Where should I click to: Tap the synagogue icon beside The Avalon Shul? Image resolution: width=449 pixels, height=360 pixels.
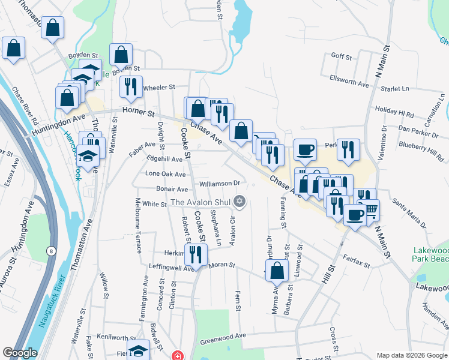pyautogui.click(x=240, y=202)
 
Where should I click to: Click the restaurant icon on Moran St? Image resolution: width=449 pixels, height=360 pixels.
pyautogui.click(x=196, y=255)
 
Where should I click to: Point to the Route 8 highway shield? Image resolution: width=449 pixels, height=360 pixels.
pyautogui.click(x=52, y=250)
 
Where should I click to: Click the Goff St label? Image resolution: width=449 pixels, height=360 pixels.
pyautogui.click(x=342, y=56)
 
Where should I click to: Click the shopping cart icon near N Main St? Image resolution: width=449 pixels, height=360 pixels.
pyautogui.click(x=369, y=210)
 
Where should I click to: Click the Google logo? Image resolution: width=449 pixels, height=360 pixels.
pyautogui.click(x=20, y=353)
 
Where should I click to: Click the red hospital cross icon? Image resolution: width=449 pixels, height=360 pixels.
pyautogui.click(x=176, y=355)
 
